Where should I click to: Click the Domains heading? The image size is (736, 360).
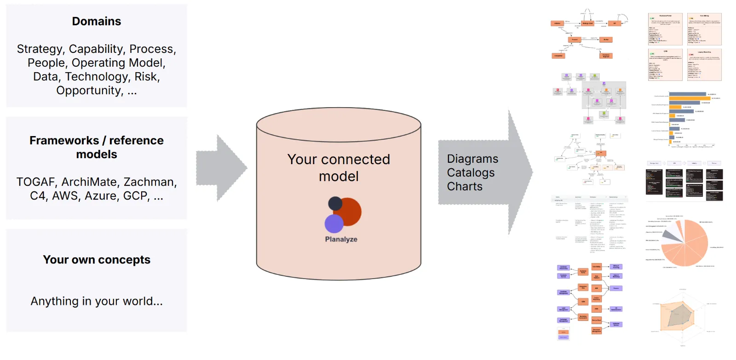(97, 22)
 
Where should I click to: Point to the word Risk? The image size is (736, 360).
(146, 77)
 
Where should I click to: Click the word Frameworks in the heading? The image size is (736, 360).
(64, 141)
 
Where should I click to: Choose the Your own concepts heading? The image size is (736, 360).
(97, 260)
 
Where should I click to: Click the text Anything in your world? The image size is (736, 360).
(97, 302)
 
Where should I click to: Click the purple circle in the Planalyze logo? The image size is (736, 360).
(334, 224)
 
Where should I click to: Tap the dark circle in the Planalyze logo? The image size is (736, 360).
(335, 203)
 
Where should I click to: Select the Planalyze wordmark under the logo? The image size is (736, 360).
(341, 240)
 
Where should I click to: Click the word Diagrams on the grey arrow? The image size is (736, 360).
(472, 159)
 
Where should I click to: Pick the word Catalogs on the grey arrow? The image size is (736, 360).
(471, 173)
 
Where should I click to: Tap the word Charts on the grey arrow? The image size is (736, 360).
(465, 187)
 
